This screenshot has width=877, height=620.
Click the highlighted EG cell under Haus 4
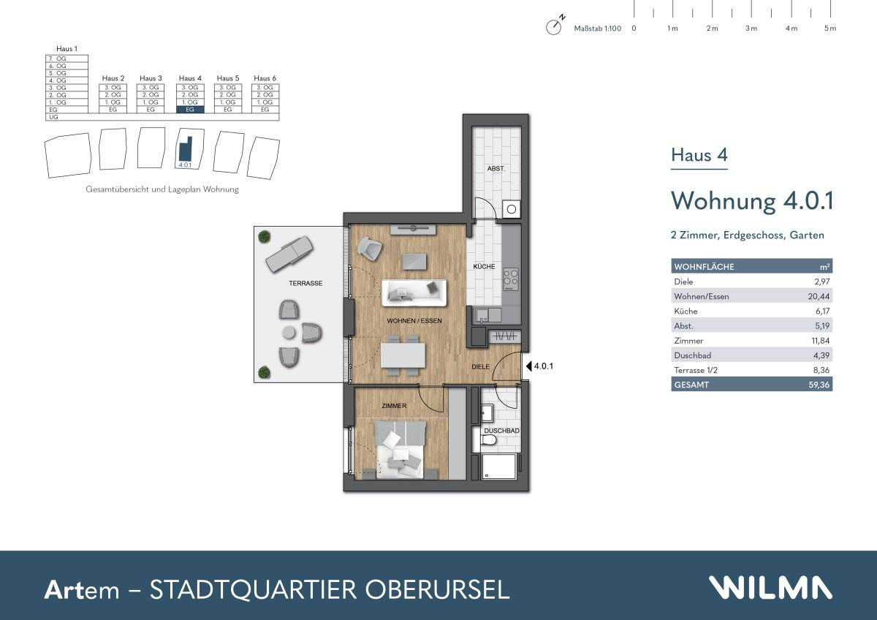click(x=190, y=110)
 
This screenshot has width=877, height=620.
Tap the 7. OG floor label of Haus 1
click(x=58, y=58)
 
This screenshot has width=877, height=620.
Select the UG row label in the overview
click(x=53, y=117)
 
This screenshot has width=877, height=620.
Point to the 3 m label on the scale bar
click(x=751, y=29)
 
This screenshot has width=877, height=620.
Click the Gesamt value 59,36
click(x=819, y=385)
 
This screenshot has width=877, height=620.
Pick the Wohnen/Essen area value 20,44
click(x=819, y=297)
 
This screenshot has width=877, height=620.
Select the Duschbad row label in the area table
click(x=692, y=355)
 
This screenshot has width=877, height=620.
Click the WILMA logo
click(x=770, y=587)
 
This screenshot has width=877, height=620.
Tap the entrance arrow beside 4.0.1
click(x=528, y=366)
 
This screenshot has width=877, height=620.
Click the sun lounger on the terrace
click(x=289, y=254)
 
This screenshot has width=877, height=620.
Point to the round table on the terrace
click(x=289, y=333)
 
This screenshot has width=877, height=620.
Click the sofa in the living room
click(x=414, y=293)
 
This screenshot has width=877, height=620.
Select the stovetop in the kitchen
click(x=511, y=279)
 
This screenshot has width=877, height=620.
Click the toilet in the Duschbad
click(x=489, y=440)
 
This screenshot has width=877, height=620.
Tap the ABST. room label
click(x=496, y=169)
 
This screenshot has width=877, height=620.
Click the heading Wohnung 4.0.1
click(x=752, y=201)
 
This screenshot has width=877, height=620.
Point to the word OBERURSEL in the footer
click(x=437, y=590)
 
